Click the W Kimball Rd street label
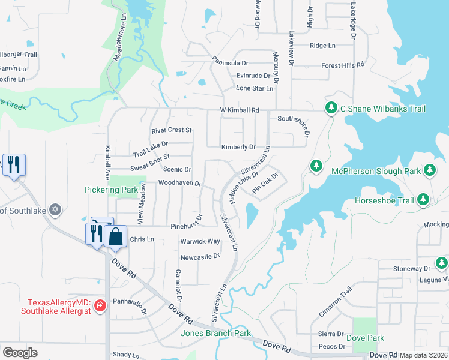239,110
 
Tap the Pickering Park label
111,190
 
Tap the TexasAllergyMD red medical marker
100,306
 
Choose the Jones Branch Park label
216,333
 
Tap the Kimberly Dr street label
238,147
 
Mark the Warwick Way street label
200,241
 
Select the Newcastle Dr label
200,256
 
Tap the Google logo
20,353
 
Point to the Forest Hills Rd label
343,65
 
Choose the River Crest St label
171,130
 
